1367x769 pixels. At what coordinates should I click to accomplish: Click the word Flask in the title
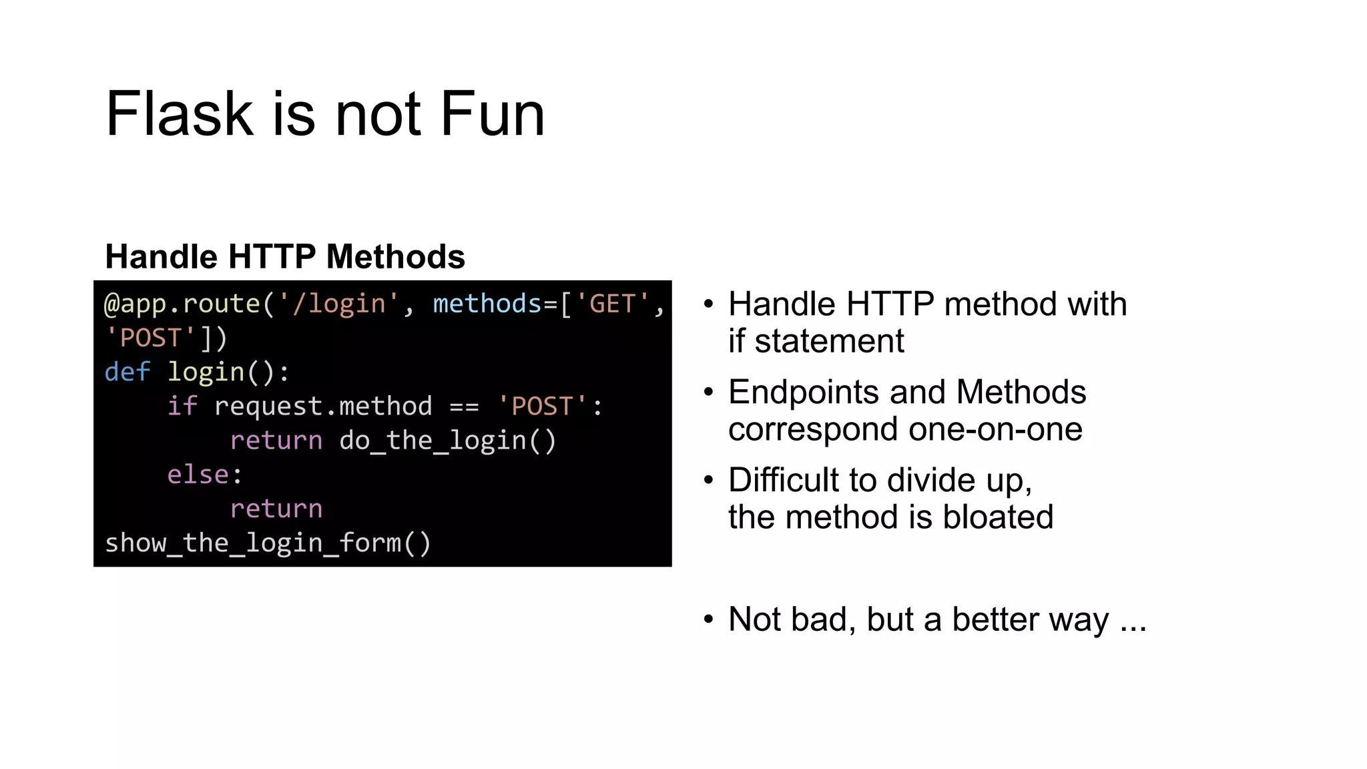pos(180,114)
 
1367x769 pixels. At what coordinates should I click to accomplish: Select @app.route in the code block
pos(182,304)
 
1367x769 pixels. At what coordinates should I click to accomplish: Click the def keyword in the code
pos(127,372)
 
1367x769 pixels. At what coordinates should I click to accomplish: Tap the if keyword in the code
pos(182,407)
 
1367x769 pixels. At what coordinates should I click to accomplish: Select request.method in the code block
pos(323,407)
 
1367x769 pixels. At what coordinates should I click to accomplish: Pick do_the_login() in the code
pos(448,441)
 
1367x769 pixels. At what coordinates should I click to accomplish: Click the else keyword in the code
pos(198,475)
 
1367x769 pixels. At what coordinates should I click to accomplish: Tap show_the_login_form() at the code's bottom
pos(268,543)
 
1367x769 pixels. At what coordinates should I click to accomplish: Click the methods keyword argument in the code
pos(487,304)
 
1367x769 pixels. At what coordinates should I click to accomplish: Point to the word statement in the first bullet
pos(829,342)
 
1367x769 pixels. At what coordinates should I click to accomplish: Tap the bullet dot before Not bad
pos(709,619)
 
